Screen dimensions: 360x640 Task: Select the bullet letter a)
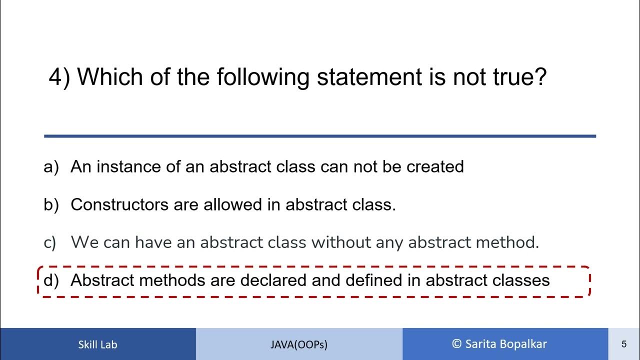tap(51, 166)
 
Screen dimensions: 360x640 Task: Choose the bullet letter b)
tap(51, 204)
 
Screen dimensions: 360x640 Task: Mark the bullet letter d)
tap(51, 280)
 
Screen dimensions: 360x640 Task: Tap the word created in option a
tap(435, 166)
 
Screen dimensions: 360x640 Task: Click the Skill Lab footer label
tap(97, 344)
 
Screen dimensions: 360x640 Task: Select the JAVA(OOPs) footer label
tap(299, 344)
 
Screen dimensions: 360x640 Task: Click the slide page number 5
tap(624, 344)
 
